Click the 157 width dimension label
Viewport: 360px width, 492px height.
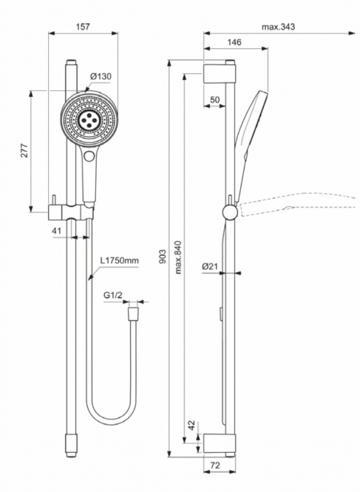83,27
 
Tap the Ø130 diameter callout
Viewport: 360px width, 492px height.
101,76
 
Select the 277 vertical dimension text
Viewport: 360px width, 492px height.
25,151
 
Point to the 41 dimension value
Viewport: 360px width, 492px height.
56,231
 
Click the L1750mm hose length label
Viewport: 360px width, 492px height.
120,260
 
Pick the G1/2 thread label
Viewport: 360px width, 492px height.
112,295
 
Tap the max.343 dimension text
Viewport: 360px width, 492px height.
279,27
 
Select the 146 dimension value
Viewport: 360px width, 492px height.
234,42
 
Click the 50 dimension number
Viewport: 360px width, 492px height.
214,100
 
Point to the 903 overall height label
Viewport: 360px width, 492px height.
163,256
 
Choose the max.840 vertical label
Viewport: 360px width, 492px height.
178,257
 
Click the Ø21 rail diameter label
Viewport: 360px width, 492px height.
210,266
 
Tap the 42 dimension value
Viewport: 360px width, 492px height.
191,425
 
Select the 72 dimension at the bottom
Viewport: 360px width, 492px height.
215,465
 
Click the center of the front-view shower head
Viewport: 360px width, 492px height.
89,119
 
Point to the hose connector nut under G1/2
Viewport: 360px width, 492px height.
133,314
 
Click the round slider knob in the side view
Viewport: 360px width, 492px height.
231,212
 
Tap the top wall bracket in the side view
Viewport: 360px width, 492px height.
220,74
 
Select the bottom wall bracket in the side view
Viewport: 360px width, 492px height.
220,444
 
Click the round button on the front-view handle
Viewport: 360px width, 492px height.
89,155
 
